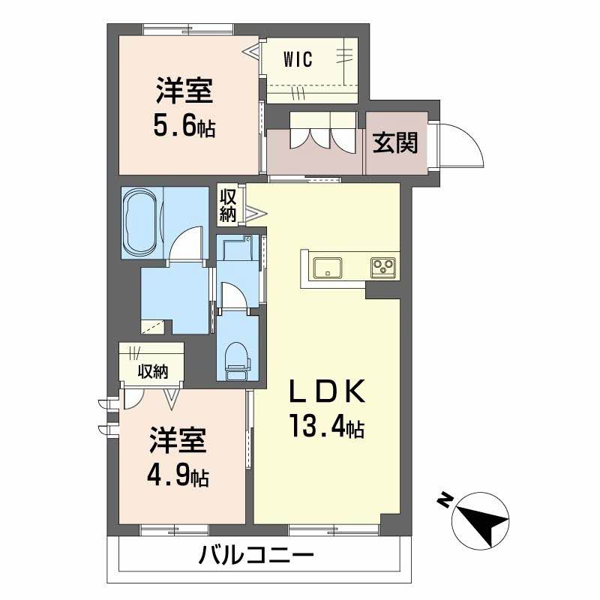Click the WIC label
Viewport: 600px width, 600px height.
click(x=298, y=58)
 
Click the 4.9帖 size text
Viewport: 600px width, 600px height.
click(x=178, y=475)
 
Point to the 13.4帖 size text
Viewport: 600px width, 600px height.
click(x=327, y=427)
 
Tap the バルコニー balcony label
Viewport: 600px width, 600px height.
click(x=256, y=556)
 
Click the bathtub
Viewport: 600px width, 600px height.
click(x=140, y=221)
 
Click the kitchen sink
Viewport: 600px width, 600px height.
click(x=328, y=267)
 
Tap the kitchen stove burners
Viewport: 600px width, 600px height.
click(x=384, y=266)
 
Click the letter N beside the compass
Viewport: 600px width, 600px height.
click(x=445, y=499)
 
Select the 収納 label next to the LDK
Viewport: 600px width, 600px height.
click(x=228, y=205)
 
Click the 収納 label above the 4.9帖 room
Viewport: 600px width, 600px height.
click(x=151, y=370)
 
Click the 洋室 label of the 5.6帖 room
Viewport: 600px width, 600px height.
click(x=184, y=93)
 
